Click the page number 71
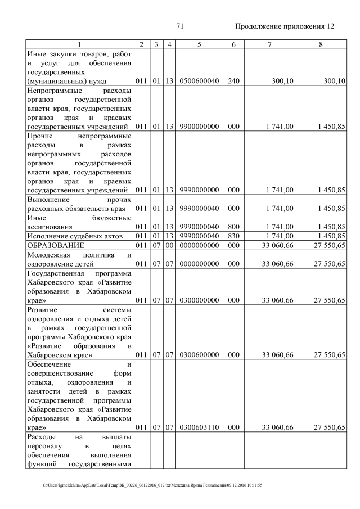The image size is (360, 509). tap(180, 26)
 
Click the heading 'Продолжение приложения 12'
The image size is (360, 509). tap(284, 26)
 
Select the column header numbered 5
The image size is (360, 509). tap(199, 44)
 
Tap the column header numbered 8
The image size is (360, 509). tap(321, 44)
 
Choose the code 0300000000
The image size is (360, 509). tap(199, 300)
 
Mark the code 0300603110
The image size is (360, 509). tap(199, 427)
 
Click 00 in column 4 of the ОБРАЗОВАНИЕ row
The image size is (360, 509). tap(169, 245)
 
